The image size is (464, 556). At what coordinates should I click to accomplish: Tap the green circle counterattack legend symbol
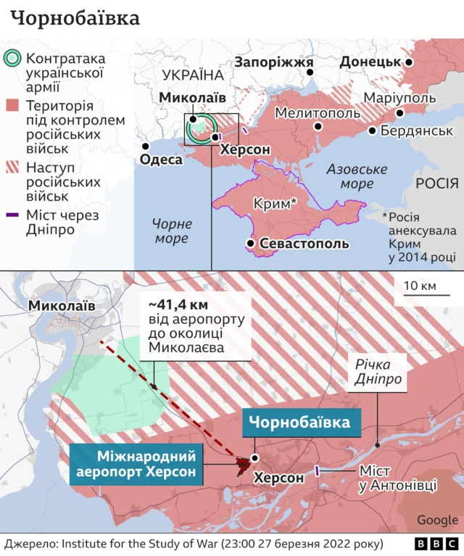coord(13,59)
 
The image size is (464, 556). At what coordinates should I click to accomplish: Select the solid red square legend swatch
coord(13,106)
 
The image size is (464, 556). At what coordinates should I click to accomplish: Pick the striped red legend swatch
coord(13,168)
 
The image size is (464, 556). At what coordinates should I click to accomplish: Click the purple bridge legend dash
coord(13,215)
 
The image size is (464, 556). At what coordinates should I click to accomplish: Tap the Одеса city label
coord(161,159)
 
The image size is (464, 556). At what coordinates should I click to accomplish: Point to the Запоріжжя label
coord(273,62)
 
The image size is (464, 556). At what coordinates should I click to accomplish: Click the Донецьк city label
coord(370,62)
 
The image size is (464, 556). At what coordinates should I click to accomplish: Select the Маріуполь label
coord(399,98)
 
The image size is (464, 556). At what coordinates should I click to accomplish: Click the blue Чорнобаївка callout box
coord(301,423)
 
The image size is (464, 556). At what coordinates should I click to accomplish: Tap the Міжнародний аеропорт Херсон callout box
coord(136,465)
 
